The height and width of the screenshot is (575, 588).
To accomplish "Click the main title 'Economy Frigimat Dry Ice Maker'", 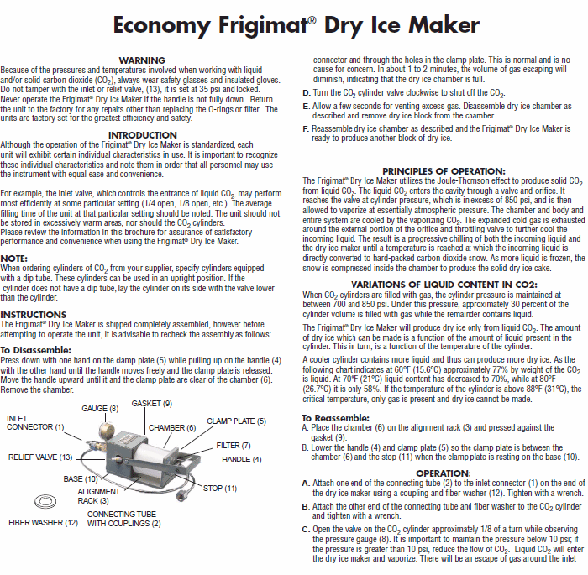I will [x=294, y=26].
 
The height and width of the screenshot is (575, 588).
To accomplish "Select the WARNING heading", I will [x=142, y=60].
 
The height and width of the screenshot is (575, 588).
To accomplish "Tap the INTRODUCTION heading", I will [x=142, y=135].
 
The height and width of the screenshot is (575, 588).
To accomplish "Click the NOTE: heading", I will [x=14, y=258].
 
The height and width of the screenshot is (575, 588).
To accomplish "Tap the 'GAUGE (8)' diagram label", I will [x=100, y=408].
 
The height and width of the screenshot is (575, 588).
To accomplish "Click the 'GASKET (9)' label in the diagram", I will [x=151, y=403].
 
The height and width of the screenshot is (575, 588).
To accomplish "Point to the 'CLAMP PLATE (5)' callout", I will [x=236, y=421].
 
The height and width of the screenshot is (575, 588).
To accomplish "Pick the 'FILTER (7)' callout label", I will [x=234, y=445].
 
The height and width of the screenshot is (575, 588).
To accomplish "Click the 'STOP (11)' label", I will [x=219, y=488].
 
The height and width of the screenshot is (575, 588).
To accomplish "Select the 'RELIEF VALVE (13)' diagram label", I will [x=41, y=457].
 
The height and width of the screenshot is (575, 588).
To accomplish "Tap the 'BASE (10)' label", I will [x=81, y=478].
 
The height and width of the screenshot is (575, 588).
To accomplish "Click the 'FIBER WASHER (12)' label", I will [x=43, y=522].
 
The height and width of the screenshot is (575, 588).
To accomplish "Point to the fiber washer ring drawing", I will [x=43, y=502].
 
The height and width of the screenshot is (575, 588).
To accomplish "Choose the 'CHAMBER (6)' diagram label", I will [x=172, y=427].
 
